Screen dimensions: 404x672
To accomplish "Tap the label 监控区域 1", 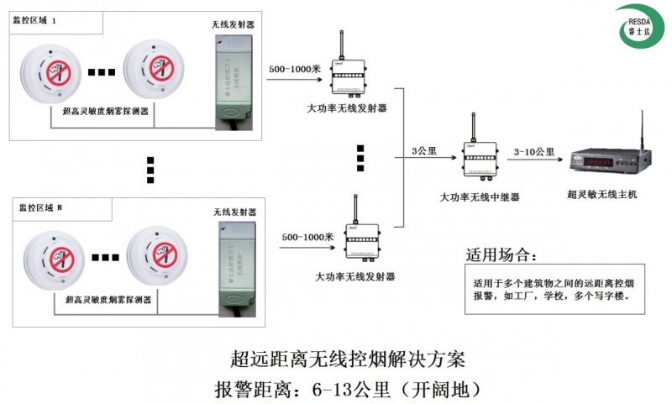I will pos(35,20).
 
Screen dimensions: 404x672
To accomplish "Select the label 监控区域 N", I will pos(39,207).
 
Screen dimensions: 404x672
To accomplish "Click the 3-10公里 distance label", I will pos(534,151).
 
